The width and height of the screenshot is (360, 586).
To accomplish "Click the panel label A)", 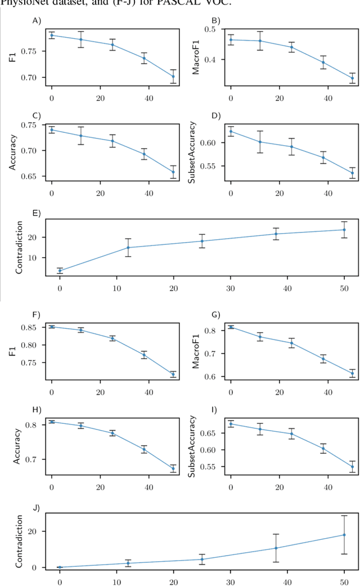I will coord(37,21).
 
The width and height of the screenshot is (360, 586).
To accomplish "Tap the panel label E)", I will coord(37,213).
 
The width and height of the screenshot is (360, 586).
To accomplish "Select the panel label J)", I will coord(37,507).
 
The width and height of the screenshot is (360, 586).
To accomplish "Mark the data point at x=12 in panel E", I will coord(128,247).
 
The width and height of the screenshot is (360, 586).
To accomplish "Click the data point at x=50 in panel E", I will coord(344,230).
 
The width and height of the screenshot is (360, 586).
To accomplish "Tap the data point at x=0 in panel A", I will coord(52,35).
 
